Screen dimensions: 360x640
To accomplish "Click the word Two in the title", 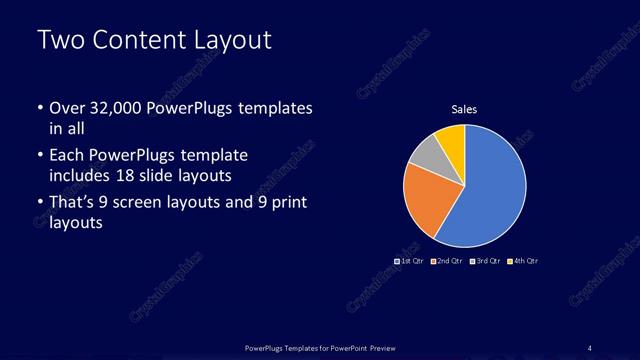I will pyautogui.click(x=59, y=41).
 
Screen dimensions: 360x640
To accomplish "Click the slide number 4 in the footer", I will pyautogui.click(x=589, y=347).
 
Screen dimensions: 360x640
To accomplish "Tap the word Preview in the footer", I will pyautogui.click(x=376, y=347).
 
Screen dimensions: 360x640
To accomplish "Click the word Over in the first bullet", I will pyautogui.click(x=68, y=107).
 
